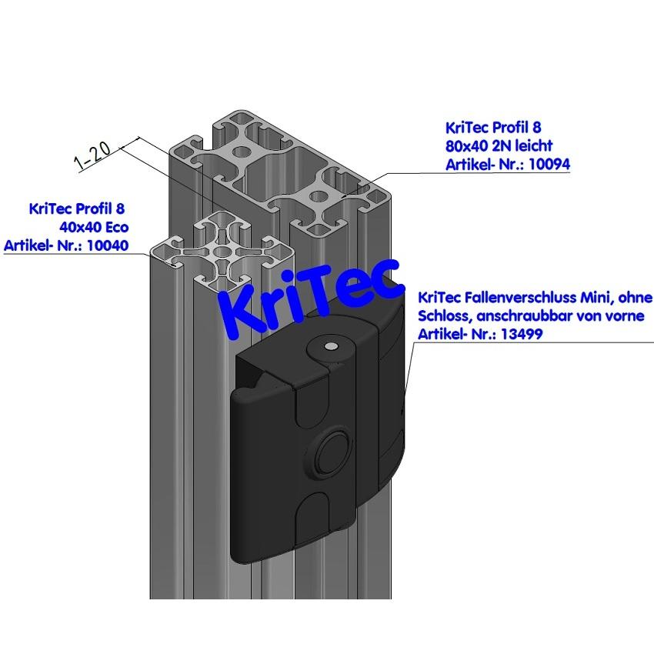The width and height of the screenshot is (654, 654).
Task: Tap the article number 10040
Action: [105, 245]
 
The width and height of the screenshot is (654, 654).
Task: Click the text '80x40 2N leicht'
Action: [499, 145]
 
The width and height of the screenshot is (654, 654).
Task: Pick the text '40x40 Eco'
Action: [93, 227]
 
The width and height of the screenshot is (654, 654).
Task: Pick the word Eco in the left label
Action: [115, 227]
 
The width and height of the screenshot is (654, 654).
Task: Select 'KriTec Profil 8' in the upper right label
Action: [488, 127]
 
